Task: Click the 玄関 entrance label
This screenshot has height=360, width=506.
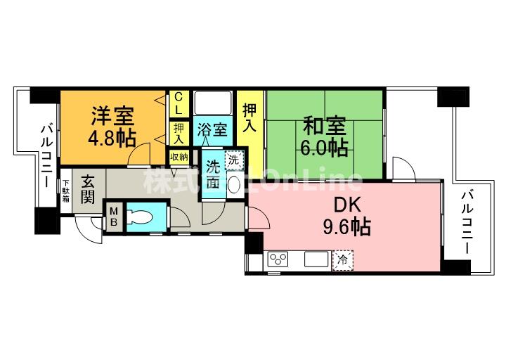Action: (88, 188)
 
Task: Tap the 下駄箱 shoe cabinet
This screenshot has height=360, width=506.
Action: (65, 189)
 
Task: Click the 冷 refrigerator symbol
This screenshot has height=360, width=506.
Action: (343, 259)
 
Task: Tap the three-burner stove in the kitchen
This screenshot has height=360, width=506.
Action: (277, 259)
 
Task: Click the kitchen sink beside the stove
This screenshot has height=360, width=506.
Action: (316, 259)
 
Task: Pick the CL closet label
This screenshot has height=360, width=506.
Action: (179, 103)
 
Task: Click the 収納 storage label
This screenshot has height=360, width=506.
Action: (179, 156)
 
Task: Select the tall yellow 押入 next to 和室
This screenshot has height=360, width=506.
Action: (249, 119)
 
